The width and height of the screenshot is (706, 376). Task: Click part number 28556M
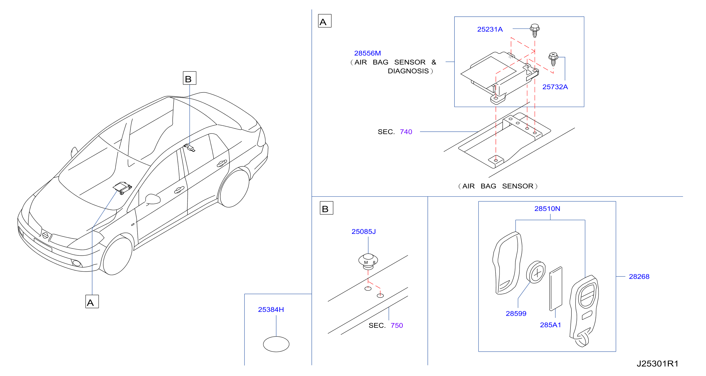click(x=367, y=53)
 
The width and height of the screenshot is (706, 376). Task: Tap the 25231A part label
click(x=490, y=29)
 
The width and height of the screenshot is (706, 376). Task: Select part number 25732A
click(x=555, y=87)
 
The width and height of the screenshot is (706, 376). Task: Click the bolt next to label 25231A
click(x=535, y=30)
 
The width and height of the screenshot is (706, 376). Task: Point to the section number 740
click(x=406, y=132)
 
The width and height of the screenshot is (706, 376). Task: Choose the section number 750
click(x=397, y=325)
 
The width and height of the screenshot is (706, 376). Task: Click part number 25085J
click(x=364, y=232)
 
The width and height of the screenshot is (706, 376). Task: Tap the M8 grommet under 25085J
click(x=368, y=262)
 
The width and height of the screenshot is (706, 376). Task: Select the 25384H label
click(x=271, y=309)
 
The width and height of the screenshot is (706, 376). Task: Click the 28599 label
click(x=516, y=313)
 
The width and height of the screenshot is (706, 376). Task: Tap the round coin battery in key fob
click(x=536, y=272)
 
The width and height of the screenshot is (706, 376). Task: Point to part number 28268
click(x=639, y=276)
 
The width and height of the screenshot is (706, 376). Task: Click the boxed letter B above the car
click(x=189, y=78)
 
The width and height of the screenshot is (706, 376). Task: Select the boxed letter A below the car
click(x=92, y=302)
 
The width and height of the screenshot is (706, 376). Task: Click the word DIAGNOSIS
click(x=408, y=71)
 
